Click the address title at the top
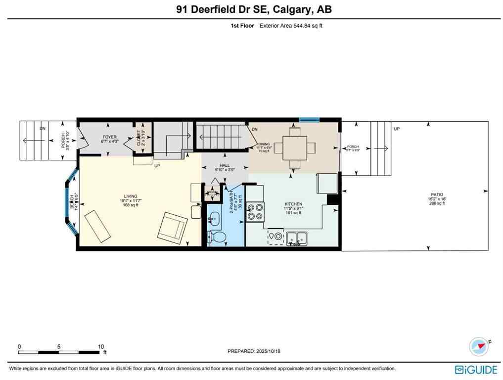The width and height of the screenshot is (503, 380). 251,9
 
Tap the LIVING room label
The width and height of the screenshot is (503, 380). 131,196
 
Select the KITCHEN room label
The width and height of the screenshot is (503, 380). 293,204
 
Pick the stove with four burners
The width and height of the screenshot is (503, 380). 255,211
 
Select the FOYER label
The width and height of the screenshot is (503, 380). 109,137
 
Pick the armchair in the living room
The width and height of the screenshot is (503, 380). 173,227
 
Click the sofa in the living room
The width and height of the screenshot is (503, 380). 97,226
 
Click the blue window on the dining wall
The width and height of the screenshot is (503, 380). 309,119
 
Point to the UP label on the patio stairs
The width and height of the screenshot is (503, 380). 397,129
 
